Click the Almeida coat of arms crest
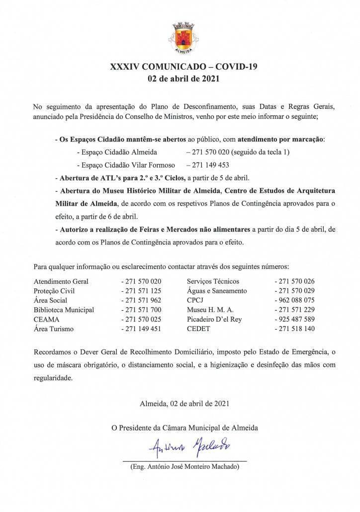(x=180, y=37)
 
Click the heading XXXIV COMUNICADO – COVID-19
(x=180, y=67)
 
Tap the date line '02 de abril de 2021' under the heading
(x=180, y=78)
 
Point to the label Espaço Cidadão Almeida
(x=117, y=152)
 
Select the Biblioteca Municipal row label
(x=64, y=310)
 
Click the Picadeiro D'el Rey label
(x=214, y=319)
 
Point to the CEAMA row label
(x=46, y=319)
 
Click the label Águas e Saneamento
(x=216, y=291)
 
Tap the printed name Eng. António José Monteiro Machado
(x=184, y=467)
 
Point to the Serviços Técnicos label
(x=212, y=281)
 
